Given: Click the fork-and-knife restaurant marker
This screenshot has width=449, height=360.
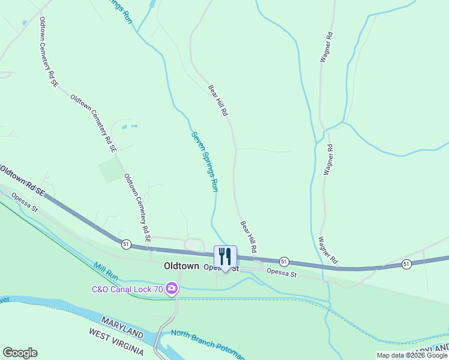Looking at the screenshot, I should tap(225, 257).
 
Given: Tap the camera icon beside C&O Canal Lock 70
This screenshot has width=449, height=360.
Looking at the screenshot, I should tap(172, 289).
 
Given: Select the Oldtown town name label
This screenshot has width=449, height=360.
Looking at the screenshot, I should tap(182, 265).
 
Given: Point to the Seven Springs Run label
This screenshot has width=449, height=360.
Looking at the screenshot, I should tap(204, 161).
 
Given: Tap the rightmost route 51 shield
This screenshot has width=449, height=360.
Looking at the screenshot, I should tap(406, 264).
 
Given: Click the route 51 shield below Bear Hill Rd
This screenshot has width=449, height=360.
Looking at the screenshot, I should tap(284, 261).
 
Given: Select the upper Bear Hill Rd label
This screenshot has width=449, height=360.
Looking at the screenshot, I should tap(217, 100).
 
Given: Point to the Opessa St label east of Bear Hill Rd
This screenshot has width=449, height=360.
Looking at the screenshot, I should tap(282, 274).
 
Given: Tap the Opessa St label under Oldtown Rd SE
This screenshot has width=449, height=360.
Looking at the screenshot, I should tap(27, 201).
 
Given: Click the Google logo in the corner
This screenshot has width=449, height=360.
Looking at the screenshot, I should tap(20, 353).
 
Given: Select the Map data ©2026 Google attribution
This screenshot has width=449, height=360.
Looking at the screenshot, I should tap(411, 355).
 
